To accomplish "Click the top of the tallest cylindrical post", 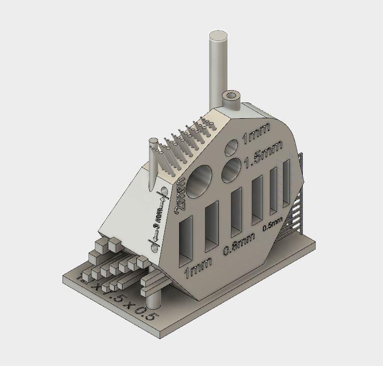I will click(x=218, y=37).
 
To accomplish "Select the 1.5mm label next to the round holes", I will click(x=263, y=151).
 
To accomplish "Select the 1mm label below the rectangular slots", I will click(x=198, y=267).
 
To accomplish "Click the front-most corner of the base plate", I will click(x=162, y=336).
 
